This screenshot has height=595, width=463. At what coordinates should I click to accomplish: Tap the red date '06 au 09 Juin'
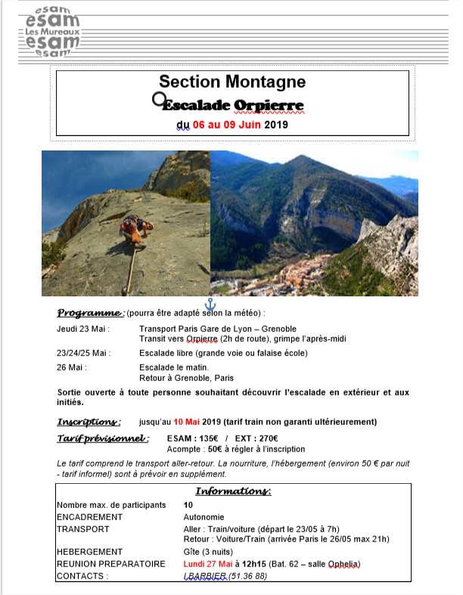click(x=227, y=125)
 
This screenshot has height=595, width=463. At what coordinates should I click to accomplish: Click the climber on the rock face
click(x=134, y=229)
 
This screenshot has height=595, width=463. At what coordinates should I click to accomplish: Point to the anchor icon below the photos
click(x=210, y=305)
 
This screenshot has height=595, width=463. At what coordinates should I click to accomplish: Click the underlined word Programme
click(x=90, y=313)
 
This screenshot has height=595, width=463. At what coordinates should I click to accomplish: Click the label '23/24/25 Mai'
click(x=83, y=353)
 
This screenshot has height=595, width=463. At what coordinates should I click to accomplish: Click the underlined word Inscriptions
click(x=89, y=421)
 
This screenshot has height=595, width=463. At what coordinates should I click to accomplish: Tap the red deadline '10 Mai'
click(x=190, y=422)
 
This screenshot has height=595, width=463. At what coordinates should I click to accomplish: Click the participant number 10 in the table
click(x=188, y=504)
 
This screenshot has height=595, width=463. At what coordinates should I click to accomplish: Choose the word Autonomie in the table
click(x=204, y=517)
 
